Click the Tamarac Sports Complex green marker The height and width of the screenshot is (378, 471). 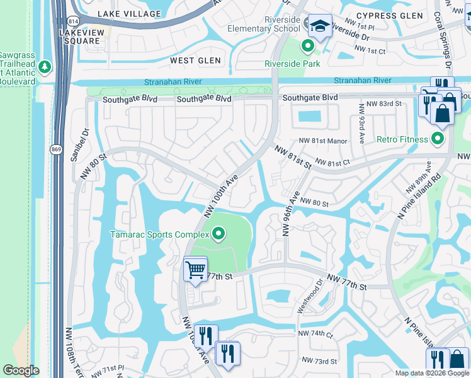[218, 235]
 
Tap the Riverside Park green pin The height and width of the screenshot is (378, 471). [308, 46]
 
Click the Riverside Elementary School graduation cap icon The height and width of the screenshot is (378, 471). [320, 26]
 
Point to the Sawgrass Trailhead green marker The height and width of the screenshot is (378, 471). [45, 66]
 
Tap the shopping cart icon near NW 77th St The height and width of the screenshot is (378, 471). [195, 270]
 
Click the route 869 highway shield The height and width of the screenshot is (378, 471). [55, 149]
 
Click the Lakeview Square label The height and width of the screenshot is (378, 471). [81, 37]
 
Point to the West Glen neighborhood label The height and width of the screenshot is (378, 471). [195, 60]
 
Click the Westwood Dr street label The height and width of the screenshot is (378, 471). [309, 300]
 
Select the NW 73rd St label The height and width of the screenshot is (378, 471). [321, 361]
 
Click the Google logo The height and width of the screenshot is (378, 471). [21, 370]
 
